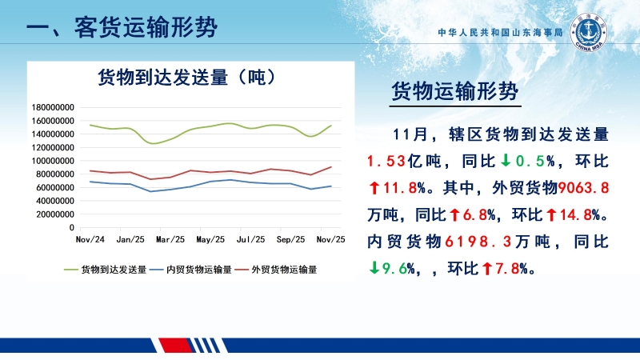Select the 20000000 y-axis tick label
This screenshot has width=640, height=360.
pos(54,214)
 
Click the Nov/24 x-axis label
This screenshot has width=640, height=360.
pos(90,239)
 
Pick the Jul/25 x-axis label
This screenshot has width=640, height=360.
pos(251,239)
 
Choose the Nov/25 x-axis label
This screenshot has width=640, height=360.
pos(330,239)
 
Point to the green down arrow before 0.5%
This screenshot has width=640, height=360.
pos(506,161)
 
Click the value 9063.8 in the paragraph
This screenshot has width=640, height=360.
pos(588,188)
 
